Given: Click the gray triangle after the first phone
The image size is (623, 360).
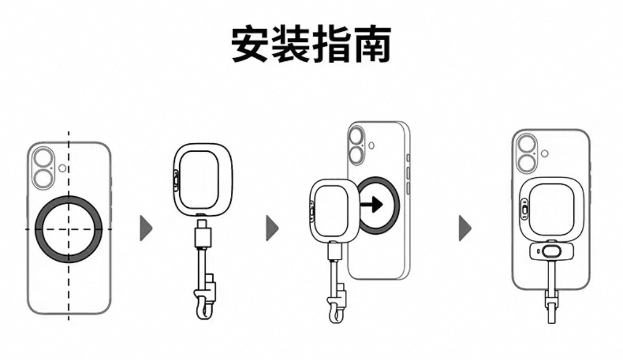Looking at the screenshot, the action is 145,229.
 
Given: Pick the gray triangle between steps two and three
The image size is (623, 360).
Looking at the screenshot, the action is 272,228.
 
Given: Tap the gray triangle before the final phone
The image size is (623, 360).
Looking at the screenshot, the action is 464,228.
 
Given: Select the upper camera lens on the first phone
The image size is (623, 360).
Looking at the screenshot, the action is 43,158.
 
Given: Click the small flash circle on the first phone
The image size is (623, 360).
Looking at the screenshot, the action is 63,168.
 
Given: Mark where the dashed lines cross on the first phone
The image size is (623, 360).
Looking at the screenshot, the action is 68,229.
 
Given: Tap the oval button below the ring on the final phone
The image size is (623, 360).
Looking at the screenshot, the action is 551,252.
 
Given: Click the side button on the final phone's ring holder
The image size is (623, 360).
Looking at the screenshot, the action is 523,209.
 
